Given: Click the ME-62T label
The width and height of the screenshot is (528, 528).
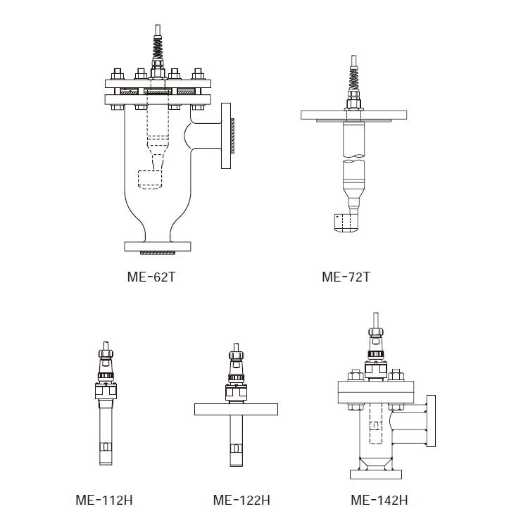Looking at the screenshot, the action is pyautogui.click(x=151, y=277).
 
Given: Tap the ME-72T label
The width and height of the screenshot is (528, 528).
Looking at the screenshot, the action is pyautogui.click(x=346, y=277).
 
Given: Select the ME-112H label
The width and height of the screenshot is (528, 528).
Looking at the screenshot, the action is pyautogui.click(x=104, y=500).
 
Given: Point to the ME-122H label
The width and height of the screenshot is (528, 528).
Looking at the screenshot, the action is pyautogui.click(x=241, y=500).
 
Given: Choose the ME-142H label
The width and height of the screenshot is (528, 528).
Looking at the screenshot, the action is pyautogui.click(x=379, y=500).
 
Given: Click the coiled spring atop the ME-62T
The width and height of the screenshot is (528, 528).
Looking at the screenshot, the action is pyautogui.click(x=158, y=47).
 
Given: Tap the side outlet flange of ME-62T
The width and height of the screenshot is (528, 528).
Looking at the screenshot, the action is pyautogui.click(x=226, y=136).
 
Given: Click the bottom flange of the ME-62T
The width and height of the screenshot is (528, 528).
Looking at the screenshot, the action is pyautogui.click(x=158, y=246).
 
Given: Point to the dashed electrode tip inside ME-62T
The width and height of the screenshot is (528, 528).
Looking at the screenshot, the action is pyautogui.click(x=151, y=180).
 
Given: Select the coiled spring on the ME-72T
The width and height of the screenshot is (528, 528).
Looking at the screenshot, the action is pyautogui.click(x=353, y=79).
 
